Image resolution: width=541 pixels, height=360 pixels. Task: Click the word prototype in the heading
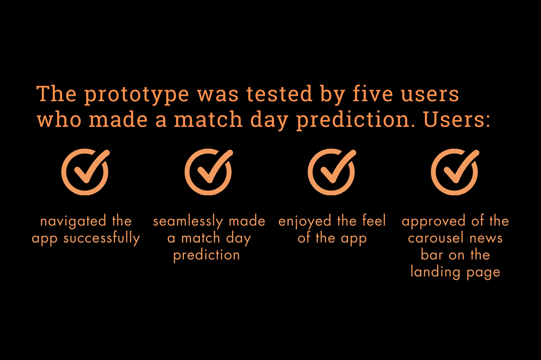tap(136, 95)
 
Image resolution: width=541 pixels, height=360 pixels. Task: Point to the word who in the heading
tap(59, 119)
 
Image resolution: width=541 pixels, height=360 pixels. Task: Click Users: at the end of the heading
tap(457, 119)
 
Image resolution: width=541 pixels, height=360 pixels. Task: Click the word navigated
tap(73, 221)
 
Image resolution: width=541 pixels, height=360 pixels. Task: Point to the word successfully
tap(102, 239)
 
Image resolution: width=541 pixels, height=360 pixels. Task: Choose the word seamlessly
tap(188, 221)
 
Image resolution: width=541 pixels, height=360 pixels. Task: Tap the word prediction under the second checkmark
tap(207, 255)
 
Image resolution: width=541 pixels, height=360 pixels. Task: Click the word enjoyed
tap(305, 221)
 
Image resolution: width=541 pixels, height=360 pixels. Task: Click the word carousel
tap(436, 237)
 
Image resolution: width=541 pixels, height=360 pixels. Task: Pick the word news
tap(486, 239)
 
